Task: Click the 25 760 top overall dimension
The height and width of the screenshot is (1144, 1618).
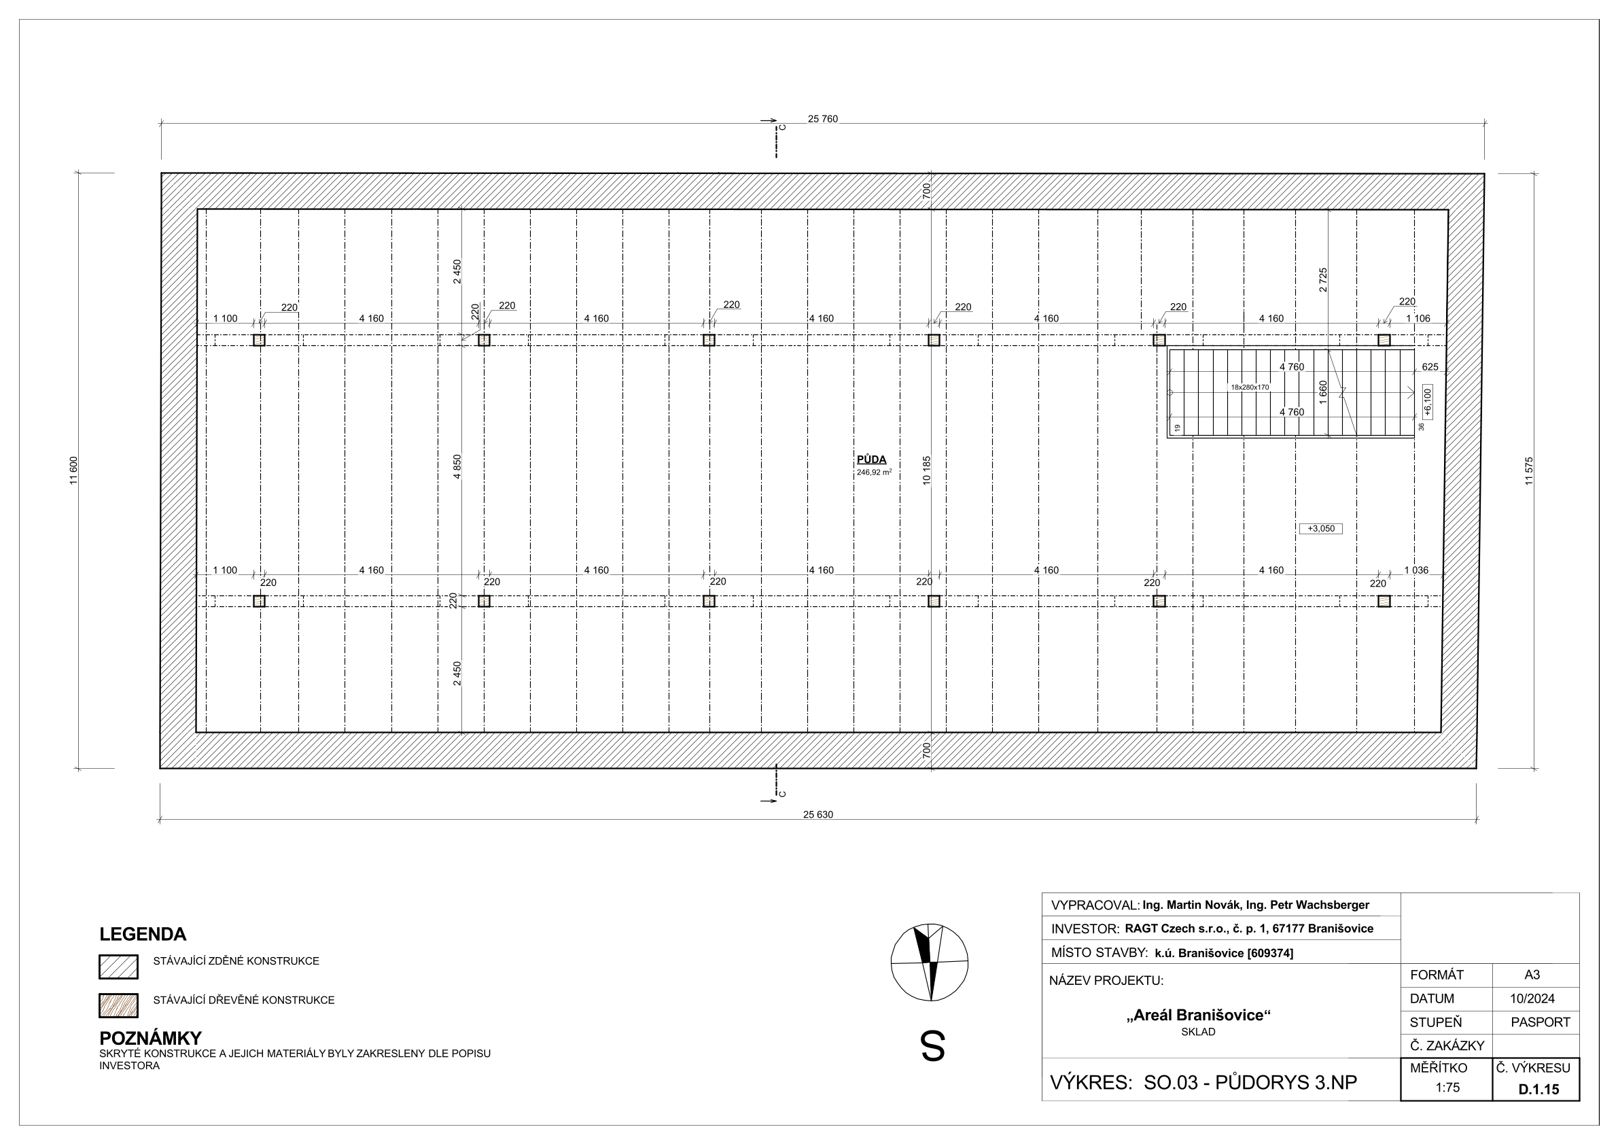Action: coord(822,119)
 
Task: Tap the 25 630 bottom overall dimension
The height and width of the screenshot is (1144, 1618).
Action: coord(817,815)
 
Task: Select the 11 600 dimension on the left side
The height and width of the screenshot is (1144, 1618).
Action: coord(74,471)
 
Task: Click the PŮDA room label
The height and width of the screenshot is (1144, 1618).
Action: coord(872,460)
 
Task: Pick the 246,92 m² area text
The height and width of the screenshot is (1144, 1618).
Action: coord(874,472)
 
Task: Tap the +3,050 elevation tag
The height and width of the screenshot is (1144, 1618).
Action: coord(1320,529)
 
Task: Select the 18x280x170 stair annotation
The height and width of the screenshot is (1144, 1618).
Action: coord(1250,387)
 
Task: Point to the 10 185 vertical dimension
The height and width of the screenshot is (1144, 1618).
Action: coord(927,470)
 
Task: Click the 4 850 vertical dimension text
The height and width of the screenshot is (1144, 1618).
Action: coord(457,466)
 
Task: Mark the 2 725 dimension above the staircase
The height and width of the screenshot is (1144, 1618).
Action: coord(1322,280)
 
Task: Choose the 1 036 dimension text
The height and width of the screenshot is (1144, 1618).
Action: coord(1416,570)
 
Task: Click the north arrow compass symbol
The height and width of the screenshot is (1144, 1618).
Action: coord(930,962)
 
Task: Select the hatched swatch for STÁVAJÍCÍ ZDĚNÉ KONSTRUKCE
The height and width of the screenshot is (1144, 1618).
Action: coord(118,967)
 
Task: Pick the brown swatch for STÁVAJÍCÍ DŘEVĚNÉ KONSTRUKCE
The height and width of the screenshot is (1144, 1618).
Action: coord(118,1006)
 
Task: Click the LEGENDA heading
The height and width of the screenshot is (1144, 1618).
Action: coord(143,935)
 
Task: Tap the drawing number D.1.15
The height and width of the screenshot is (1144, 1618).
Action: coord(1538,1089)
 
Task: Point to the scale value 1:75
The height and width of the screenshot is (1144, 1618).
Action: coord(1447,1088)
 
